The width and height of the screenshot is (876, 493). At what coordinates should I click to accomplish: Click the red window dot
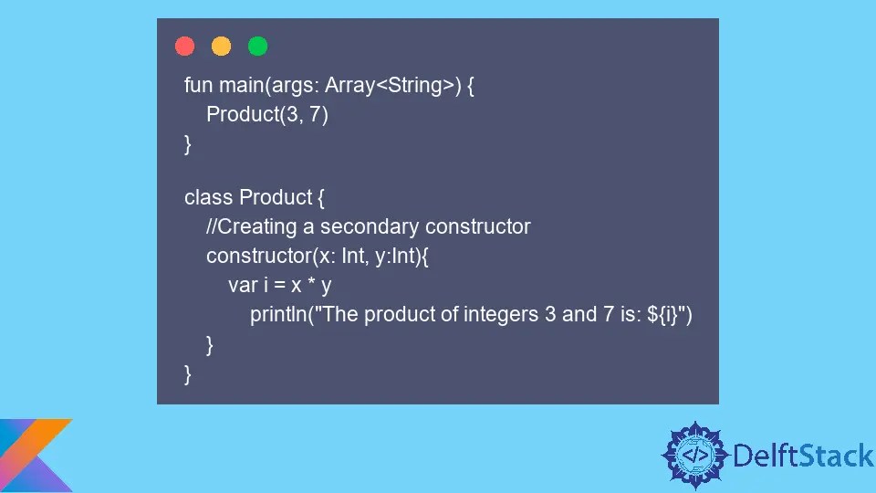point(184,46)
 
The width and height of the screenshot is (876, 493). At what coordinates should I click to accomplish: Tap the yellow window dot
point(221,46)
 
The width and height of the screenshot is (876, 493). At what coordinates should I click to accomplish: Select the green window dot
point(257,46)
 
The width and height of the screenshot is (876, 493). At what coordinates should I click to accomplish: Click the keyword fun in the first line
point(198,86)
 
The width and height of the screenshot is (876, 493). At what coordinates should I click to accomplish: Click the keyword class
point(208,197)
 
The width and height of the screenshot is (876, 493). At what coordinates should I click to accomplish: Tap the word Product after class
point(275,197)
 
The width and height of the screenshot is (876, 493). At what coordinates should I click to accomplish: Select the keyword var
point(243,285)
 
